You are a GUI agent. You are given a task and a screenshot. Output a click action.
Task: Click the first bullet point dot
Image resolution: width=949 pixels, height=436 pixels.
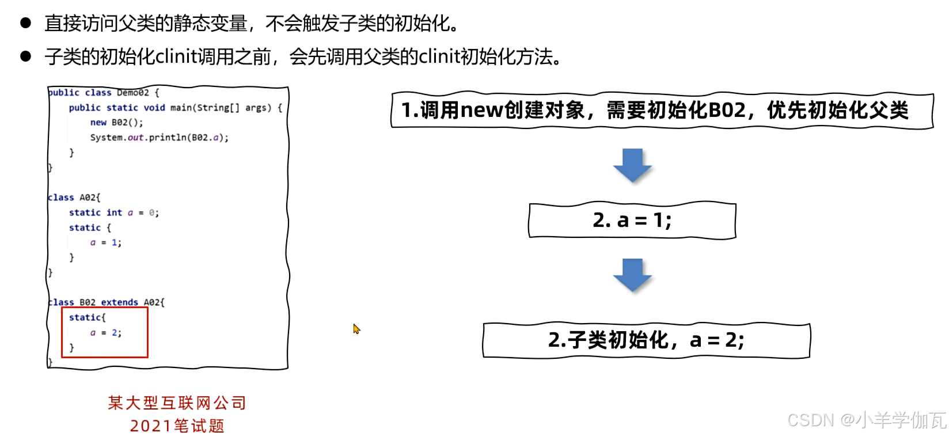25,23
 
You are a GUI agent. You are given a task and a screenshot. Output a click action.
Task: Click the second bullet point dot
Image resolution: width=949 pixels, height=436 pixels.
25,56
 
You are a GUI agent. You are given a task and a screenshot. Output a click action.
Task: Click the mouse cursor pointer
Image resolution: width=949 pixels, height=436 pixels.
356,328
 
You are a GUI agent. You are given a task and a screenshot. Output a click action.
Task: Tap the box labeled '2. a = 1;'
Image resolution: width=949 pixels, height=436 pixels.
632,220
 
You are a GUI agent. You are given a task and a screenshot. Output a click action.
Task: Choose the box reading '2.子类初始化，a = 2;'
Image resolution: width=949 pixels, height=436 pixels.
646,340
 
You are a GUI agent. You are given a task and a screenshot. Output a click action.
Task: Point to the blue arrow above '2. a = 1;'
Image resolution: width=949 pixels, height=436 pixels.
632,165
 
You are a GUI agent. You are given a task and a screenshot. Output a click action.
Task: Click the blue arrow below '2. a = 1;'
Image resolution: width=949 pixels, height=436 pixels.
632,275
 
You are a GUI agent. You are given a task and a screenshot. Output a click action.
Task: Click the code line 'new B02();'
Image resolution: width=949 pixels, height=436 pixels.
116,123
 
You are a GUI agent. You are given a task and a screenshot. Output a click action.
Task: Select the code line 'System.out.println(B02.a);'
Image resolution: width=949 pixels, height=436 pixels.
159,138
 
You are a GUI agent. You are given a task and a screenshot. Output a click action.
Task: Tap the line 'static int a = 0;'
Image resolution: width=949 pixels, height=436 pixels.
113,213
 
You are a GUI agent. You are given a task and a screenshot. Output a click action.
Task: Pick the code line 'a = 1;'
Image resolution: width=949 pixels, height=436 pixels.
105,242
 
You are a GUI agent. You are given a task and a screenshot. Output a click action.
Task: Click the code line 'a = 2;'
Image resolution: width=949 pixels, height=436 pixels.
105,332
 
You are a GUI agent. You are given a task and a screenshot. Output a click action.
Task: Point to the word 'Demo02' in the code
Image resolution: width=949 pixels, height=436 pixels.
133,92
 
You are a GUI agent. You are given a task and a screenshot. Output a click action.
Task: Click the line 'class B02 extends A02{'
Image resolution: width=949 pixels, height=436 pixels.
107,302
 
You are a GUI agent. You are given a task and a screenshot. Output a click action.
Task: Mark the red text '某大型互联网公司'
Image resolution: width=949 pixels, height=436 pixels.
177,403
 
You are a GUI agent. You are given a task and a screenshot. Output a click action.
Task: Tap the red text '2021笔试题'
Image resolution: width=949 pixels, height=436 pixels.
177,426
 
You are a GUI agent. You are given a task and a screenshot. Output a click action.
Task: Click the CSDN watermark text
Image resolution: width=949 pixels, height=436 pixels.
866,420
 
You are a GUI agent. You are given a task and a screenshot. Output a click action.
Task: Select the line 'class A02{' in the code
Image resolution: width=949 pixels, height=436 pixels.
74,198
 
